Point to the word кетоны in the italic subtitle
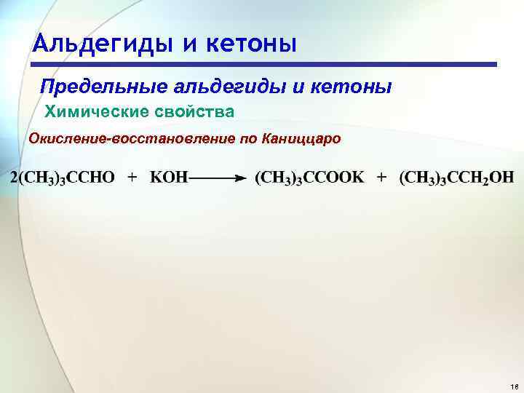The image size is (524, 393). [x=352, y=87]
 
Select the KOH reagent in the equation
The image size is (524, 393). [x=168, y=178]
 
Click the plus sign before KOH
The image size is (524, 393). [x=132, y=178]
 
